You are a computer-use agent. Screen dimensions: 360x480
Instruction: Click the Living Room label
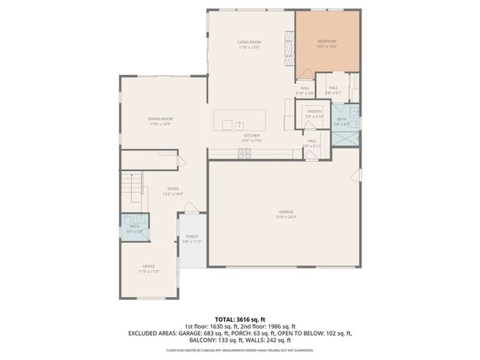coord(248,41)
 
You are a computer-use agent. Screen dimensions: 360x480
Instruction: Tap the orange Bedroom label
coord(326,40)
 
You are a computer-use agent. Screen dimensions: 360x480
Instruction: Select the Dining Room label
coord(160,118)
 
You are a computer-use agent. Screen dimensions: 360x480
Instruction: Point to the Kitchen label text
coord(250,135)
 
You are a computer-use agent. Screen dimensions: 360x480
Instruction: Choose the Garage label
coord(286,212)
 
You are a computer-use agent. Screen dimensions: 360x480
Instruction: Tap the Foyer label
coord(172,188)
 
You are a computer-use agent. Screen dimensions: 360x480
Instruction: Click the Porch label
coord(192,236)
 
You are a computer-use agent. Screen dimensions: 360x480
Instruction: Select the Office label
coord(148,266)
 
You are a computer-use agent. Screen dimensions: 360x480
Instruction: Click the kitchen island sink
coord(238,124)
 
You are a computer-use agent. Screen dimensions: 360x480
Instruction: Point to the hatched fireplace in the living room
coord(288,48)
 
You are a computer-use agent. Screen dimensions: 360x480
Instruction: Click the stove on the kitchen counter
coord(244,154)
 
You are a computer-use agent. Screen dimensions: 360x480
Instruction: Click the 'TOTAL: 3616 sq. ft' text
coord(240,319)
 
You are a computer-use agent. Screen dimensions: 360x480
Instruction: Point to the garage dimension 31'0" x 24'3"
coord(286,217)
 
